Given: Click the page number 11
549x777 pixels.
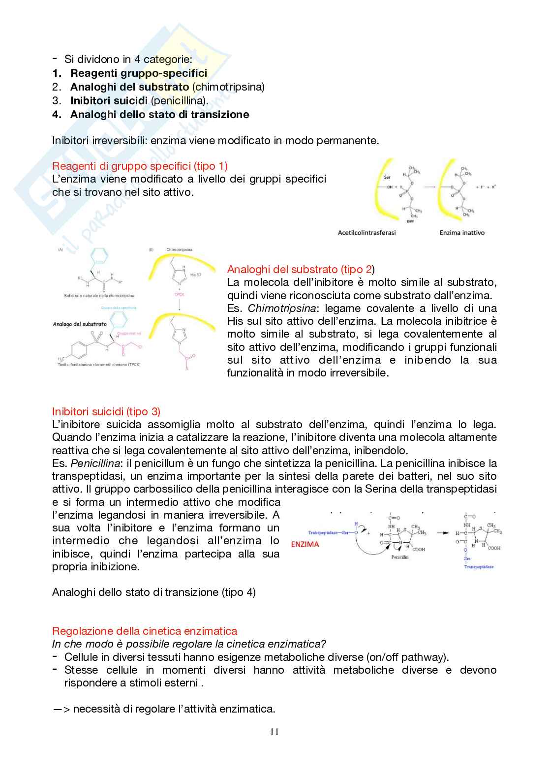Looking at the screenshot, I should coord(274,732).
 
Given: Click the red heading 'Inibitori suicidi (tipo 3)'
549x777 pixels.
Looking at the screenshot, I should coord(106,411).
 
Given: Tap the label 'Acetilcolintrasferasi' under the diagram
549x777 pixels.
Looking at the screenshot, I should coord(366,232).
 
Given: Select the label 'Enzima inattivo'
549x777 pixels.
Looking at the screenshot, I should coord(461,232).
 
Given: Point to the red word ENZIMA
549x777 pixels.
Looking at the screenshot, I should coord(305,544).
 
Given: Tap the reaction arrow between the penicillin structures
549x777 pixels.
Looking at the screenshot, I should coord(442,533).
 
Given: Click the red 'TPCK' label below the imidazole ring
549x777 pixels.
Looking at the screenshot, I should coord(179,294).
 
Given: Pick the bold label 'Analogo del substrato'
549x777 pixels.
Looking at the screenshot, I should coord(80,324).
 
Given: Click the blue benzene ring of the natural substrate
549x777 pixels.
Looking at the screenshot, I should coord(99,256).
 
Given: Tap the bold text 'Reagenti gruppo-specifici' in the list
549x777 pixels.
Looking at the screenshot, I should coord(138,73).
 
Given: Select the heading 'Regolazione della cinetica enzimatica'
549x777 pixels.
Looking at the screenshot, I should coord(145,631).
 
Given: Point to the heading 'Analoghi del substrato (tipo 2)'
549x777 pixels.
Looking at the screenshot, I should coord(301,269).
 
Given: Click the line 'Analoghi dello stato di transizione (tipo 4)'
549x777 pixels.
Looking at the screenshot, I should coord(153,592).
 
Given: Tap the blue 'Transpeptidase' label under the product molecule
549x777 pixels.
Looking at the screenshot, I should coord(478,566).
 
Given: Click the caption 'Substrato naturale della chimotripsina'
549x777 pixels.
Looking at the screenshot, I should coord(99,296).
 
